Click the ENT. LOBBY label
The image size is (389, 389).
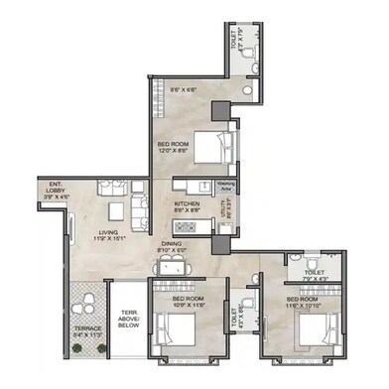click(52, 187)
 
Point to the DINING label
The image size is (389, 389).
click(172, 243)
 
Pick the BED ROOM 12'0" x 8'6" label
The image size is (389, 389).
click(174, 149)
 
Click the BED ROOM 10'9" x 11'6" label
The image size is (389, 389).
click(187, 301)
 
